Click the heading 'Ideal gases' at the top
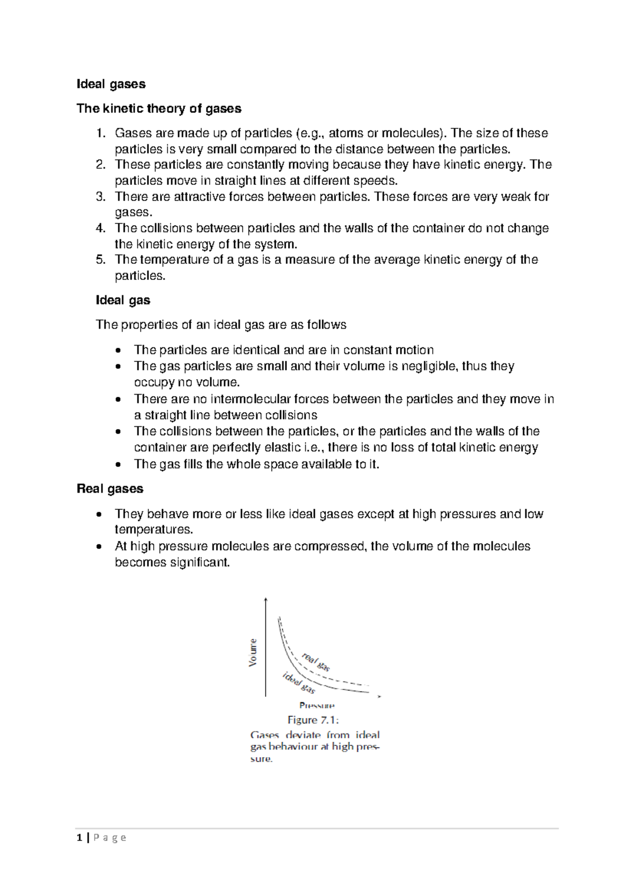click(x=111, y=84)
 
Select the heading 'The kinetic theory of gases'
click(x=158, y=109)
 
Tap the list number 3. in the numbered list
click(x=101, y=197)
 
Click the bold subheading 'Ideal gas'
click(x=123, y=301)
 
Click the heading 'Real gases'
click(x=110, y=489)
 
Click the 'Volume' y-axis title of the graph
click(x=253, y=652)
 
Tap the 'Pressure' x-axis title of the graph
click(x=316, y=705)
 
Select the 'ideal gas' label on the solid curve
click(x=299, y=683)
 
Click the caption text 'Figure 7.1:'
click(x=313, y=720)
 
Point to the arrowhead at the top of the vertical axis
click(x=266, y=600)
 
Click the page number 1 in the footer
click(x=79, y=838)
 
